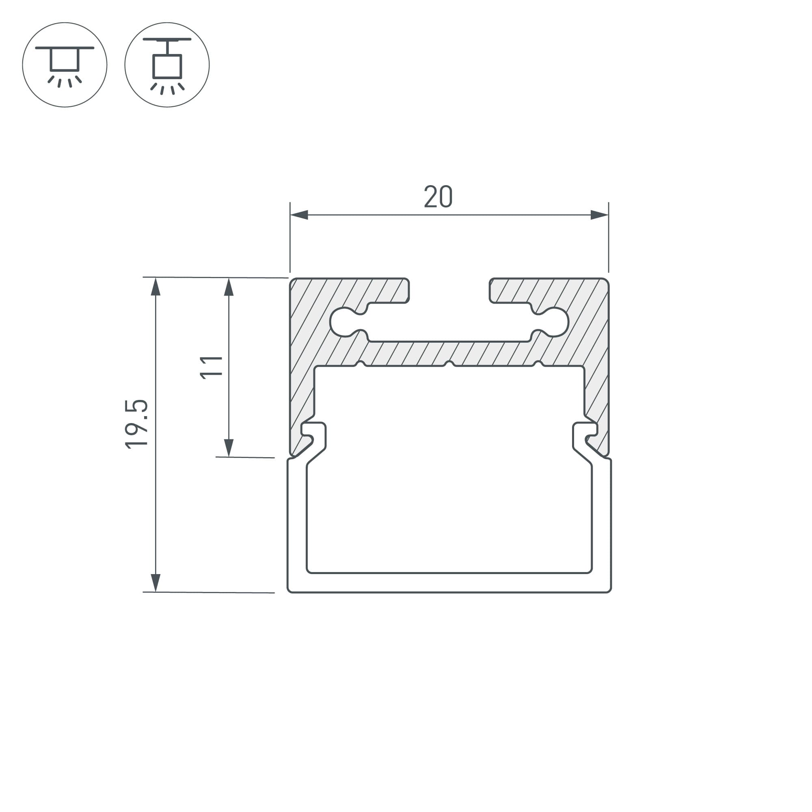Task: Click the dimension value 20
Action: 438,196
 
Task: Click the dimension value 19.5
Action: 136,425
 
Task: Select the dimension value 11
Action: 211,367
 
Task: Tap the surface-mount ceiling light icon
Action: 65,65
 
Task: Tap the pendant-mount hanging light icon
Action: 167,65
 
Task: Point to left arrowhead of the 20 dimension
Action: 299,215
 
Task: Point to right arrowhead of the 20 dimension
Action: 599,215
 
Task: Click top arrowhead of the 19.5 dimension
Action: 155,287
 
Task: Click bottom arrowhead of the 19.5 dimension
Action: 155,583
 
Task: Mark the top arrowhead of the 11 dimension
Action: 229,287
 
